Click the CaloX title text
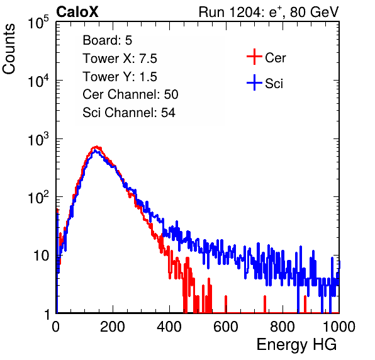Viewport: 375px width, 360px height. [77, 12]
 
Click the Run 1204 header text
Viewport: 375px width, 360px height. [269, 12]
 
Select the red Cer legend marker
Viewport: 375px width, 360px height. [254, 57]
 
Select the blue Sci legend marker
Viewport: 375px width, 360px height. [254, 82]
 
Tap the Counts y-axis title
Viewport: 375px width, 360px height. [9, 49]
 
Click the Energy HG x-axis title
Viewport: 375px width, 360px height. [296, 345]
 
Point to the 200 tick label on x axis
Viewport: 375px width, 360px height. [113, 327]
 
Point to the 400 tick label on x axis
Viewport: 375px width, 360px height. [169, 327]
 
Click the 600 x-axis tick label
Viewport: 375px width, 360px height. [226, 327]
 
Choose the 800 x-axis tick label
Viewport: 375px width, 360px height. [283, 327]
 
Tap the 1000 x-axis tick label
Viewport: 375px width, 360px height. [339, 327]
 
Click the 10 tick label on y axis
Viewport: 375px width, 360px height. [42, 256]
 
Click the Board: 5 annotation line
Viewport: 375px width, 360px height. [108, 40]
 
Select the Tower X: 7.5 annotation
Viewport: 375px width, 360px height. [120, 59]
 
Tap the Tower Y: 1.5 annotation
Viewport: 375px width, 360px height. [120, 77]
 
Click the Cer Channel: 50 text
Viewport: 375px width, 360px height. [130, 94]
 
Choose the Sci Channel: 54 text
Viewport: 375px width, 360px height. [129, 113]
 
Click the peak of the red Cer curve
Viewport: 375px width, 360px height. [96, 147]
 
